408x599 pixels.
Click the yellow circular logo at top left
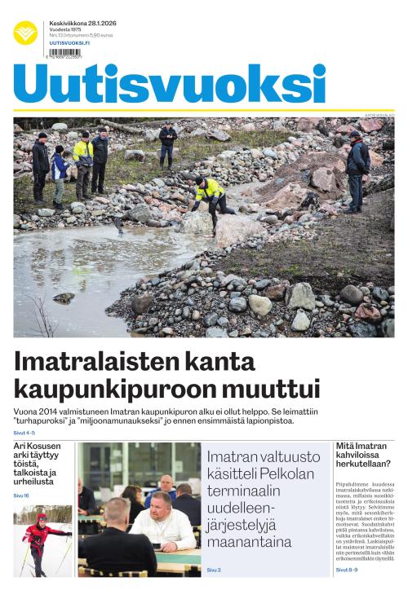[x=25, y=33]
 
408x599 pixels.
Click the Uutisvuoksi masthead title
[x=169, y=83]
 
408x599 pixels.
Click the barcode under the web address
[x=64, y=54]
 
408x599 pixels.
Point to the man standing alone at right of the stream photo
[x=356, y=167]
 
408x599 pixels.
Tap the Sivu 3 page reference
[x=213, y=570]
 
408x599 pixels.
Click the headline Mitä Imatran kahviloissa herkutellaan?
[x=363, y=455]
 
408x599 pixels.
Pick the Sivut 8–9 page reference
[x=346, y=570]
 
